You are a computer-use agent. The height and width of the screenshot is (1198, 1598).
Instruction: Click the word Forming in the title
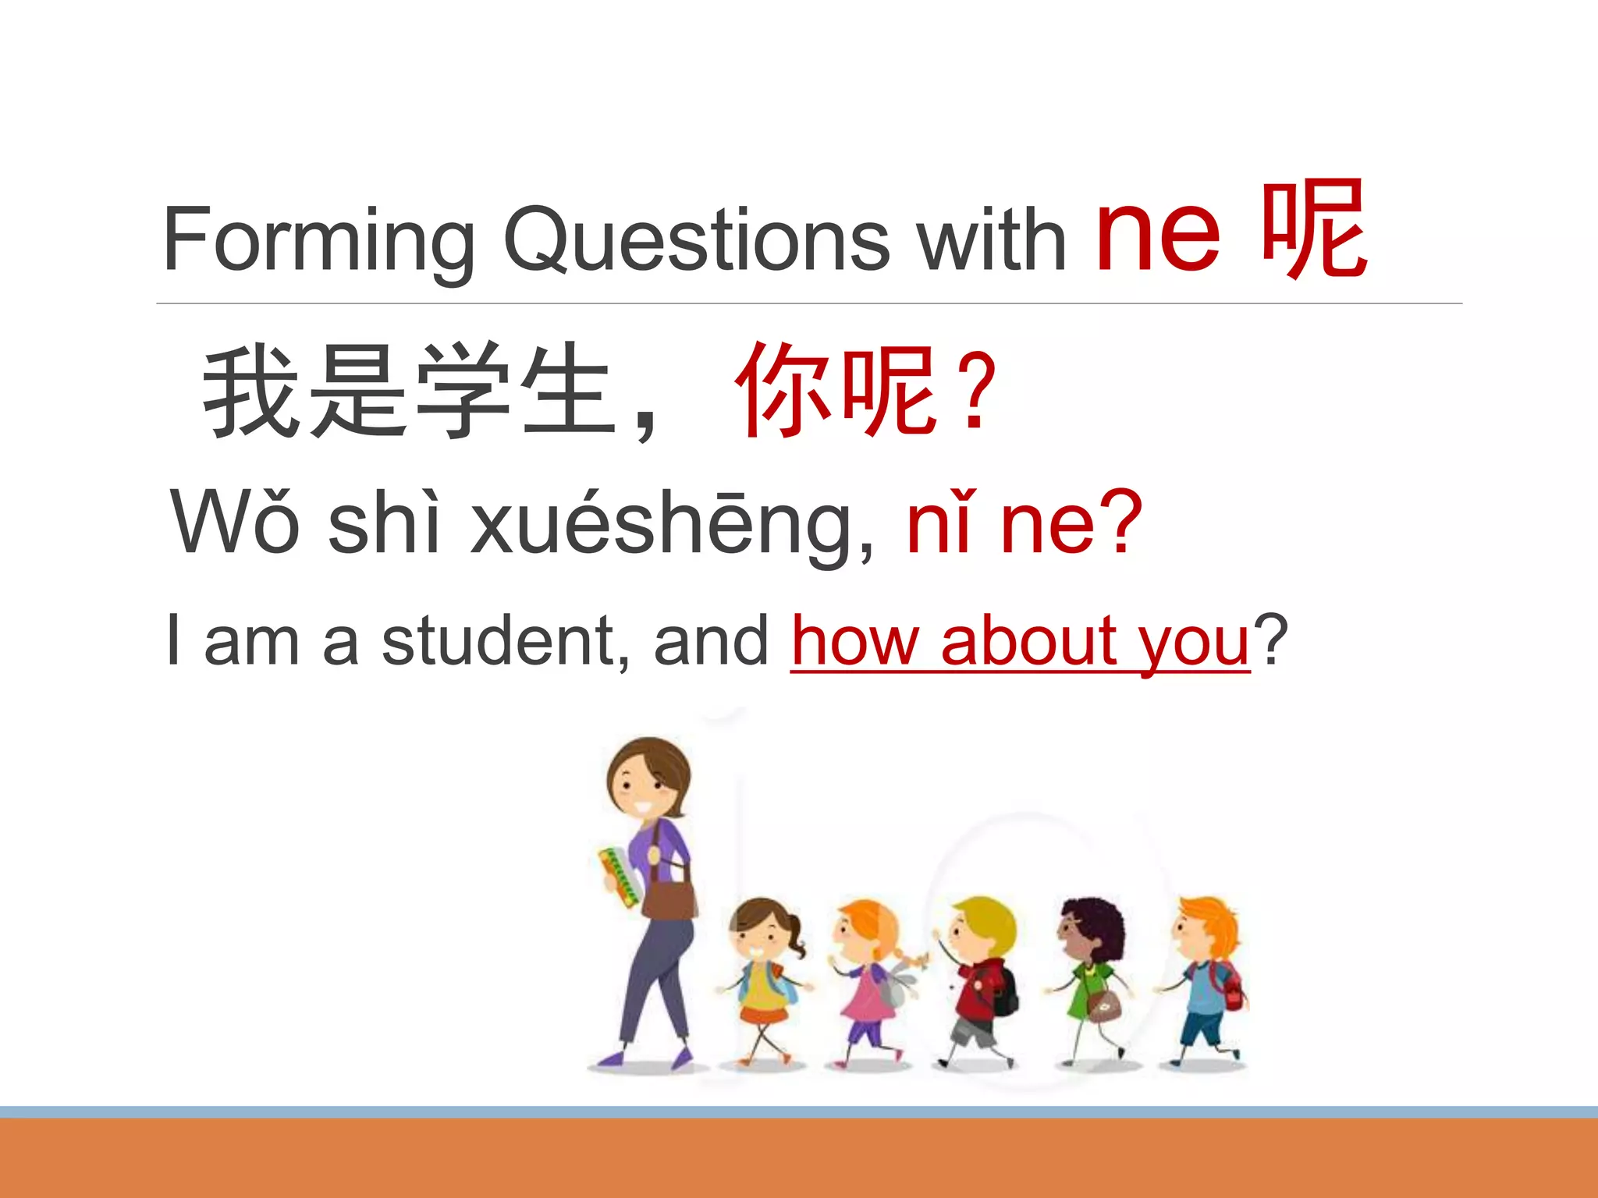pyautogui.click(x=318, y=240)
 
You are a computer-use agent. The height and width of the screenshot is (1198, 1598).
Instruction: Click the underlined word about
pyautogui.click(x=1030, y=641)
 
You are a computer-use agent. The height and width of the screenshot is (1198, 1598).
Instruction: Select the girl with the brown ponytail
pyautogui.click(x=763, y=975)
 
